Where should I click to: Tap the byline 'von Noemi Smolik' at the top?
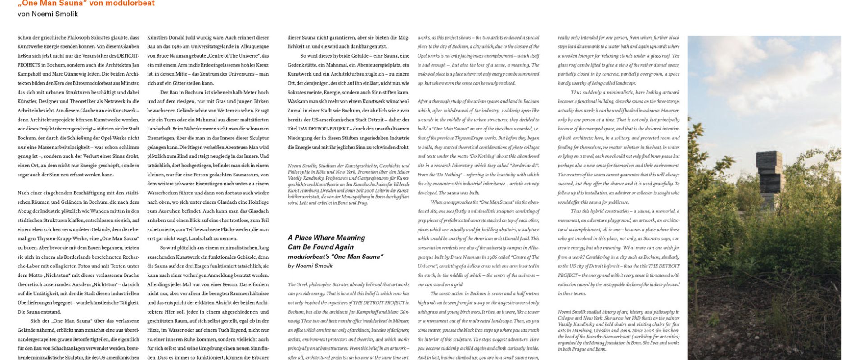click(48, 14)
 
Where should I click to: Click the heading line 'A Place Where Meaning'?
click(326, 238)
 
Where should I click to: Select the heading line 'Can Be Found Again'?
click(320, 247)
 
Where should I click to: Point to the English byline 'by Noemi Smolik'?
click(310, 265)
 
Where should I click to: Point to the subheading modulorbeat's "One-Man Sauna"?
click(335, 256)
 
